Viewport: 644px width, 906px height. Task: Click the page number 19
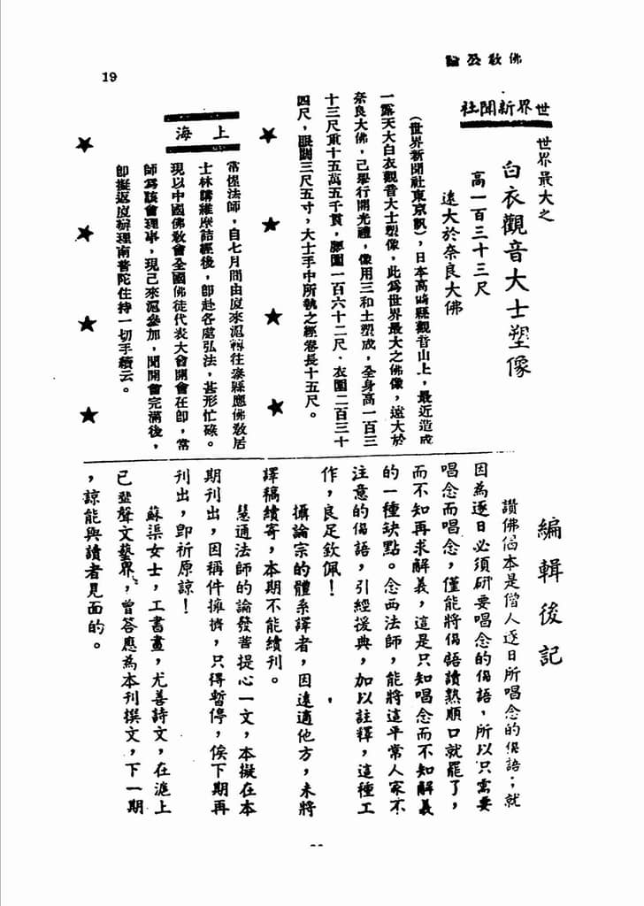click(x=109, y=76)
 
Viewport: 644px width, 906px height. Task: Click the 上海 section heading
click(x=202, y=132)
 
